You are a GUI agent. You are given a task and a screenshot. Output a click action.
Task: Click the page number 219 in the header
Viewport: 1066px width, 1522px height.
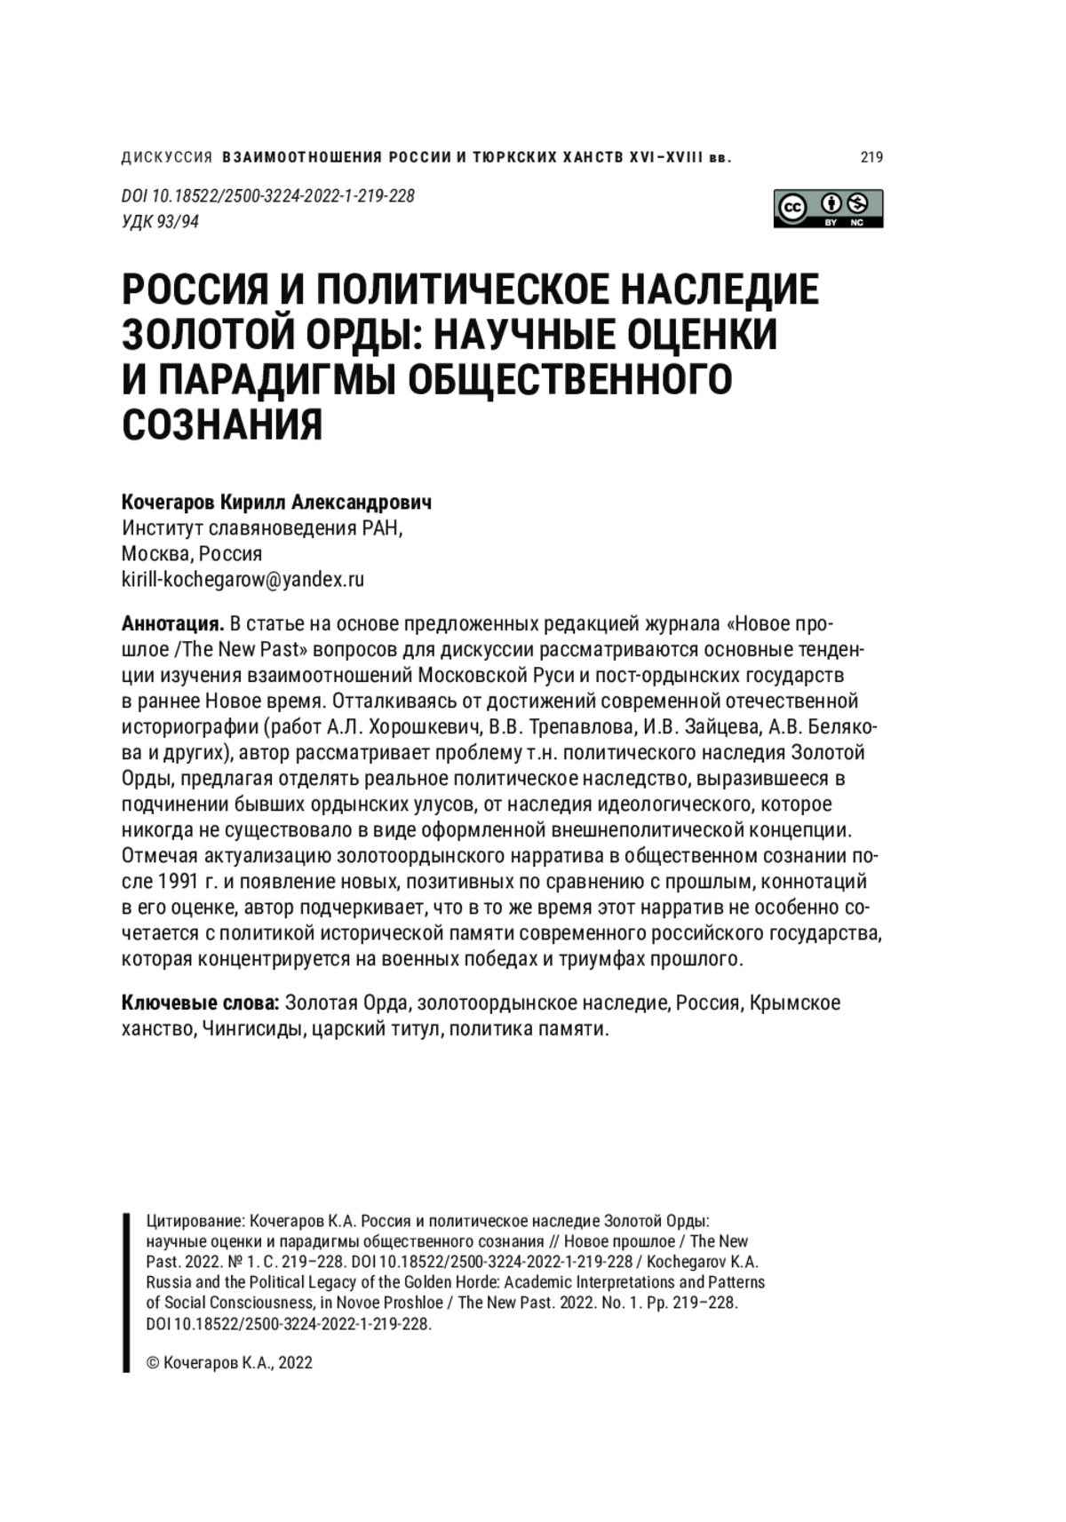tap(871, 158)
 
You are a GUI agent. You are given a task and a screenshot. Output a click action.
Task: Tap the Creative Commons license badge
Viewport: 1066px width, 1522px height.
tap(827, 209)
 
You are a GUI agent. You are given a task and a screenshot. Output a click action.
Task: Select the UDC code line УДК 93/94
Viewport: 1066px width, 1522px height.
tap(160, 222)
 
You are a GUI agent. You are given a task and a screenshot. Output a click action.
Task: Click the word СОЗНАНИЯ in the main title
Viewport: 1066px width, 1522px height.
tap(222, 424)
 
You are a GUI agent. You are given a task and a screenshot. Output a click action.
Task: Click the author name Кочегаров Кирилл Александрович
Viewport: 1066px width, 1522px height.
tap(276, 503)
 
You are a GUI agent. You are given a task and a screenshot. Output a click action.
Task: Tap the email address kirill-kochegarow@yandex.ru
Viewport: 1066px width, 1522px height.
tap(243, 580)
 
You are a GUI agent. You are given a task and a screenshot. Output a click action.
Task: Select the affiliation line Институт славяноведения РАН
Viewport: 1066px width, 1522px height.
tap(261, 528)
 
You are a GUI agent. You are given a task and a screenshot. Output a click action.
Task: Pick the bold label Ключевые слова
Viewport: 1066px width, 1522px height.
tap(201, 1003)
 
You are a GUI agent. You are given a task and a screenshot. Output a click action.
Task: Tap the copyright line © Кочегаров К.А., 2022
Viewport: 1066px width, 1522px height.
tap(229, 1363)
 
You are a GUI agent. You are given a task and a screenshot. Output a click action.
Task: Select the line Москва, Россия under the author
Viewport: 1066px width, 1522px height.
tap(192, 554)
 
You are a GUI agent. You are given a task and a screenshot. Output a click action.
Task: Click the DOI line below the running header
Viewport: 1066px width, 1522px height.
tap(267, 196)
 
